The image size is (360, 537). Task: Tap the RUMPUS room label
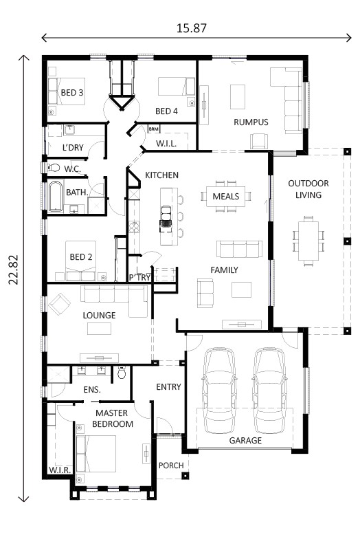[x=250, y=122]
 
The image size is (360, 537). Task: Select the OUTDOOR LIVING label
[x=308, y=189]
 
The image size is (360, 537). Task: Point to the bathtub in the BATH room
[x=54, y=196]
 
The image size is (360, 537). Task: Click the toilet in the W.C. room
[x=54, y=167]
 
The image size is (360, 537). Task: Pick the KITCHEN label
[x=161, y=175]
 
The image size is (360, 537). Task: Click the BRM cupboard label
[x=153, y=129]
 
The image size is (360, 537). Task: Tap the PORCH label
[x=170, y=465]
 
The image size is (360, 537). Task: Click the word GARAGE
[x=245, y=440]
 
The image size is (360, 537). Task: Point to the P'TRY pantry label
[x=139, y=277]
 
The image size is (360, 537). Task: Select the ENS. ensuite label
[x=92, y=390]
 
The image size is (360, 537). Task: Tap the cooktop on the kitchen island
[x=166, y=219]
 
